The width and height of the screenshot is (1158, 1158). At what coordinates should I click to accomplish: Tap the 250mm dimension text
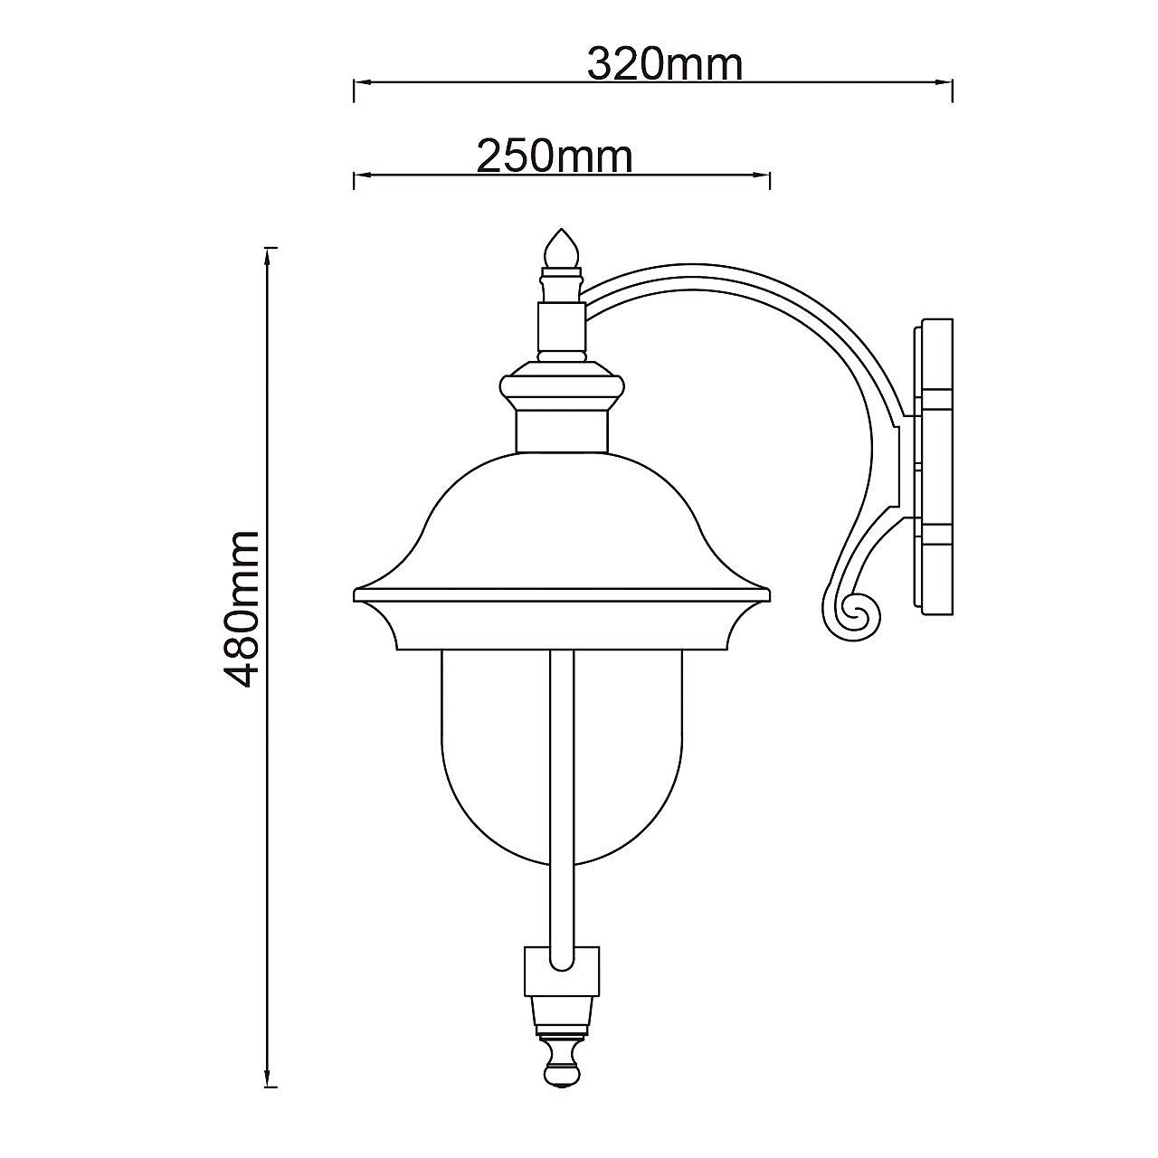coord(555,157)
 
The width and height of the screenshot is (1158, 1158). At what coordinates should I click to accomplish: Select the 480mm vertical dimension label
coord(241,609)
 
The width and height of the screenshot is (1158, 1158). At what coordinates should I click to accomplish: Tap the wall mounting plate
coord(932,466)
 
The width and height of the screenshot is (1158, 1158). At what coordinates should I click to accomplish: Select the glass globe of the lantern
coord(562,758)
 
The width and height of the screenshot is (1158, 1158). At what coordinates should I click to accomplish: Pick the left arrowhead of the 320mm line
coord(362,82)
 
